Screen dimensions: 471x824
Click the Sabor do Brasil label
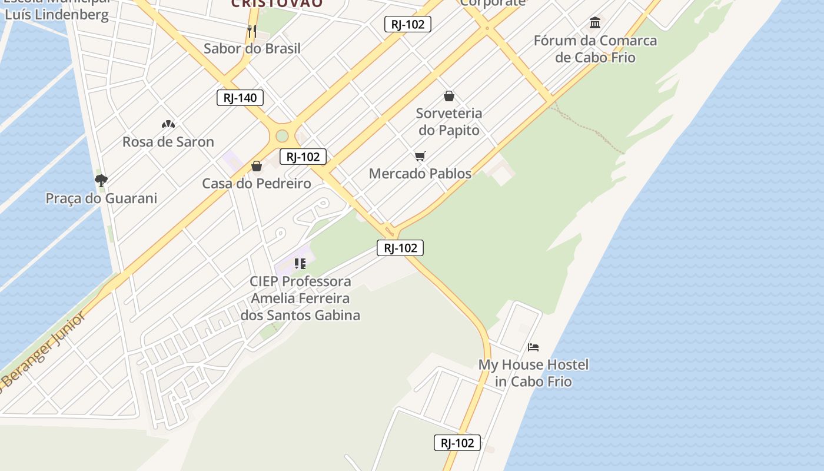pos(252,48)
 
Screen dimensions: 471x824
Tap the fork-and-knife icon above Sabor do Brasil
pos(252,31)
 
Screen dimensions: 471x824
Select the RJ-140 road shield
pos(240,98)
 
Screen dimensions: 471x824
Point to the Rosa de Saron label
pos(168,142)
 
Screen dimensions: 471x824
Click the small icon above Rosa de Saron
pos(168,124)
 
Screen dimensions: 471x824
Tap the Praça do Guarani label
pos(101,198)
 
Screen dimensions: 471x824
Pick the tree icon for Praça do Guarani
pos(101,180)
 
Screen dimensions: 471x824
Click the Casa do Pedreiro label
pos(257,184)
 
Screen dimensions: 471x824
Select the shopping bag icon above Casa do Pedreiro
pos(257,166)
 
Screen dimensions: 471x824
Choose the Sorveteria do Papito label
pos(449,121)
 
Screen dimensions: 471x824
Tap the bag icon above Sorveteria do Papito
pos(449,95)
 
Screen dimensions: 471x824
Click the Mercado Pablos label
pos(420,174)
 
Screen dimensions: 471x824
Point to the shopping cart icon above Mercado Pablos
pos(420,156)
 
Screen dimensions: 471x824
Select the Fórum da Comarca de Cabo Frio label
pos(596,49)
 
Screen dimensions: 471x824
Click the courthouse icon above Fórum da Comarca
pos(595,23)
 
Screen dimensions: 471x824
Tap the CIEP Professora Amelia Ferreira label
pos(300,298)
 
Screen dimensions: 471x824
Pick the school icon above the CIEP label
pos(300,264)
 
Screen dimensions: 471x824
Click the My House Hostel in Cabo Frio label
pos(533,373)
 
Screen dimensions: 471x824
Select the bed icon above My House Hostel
pos(533,347)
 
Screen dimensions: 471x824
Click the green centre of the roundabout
pos(283,136)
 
